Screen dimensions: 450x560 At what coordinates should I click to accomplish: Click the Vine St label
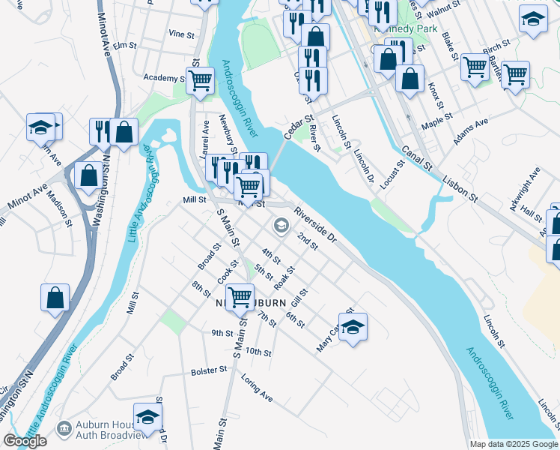click(181, 34)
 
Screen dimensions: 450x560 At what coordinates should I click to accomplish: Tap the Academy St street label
click(164, 78)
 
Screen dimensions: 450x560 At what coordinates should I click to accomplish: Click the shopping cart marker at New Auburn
click(240, 296)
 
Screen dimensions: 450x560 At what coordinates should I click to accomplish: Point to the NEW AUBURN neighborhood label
click(252, 303)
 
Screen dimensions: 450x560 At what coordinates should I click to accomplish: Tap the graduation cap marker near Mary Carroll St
click(353, 327)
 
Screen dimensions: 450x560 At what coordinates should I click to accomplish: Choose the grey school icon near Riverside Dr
click(281, 224)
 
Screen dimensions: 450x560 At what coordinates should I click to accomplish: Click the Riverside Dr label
click(316, 224)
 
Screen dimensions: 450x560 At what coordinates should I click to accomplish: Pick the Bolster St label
click(208, 370)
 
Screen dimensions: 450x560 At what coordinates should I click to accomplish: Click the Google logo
click(25, 441)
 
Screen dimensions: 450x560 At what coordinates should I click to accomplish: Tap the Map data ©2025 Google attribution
click(513, 444)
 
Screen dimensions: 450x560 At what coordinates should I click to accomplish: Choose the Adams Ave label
click(470, 130)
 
